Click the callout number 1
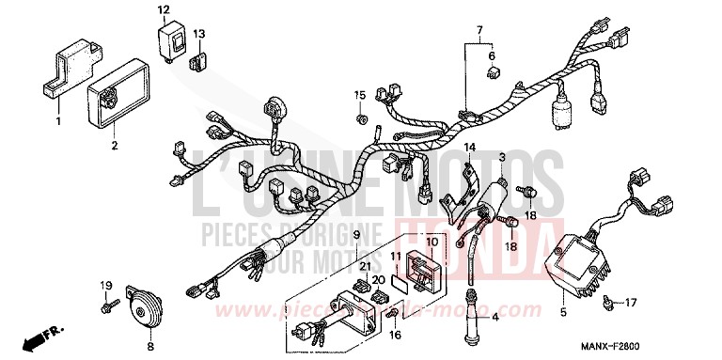57,122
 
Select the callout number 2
115,146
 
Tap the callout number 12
163,10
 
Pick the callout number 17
631,302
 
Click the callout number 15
359,95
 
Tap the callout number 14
469,147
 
